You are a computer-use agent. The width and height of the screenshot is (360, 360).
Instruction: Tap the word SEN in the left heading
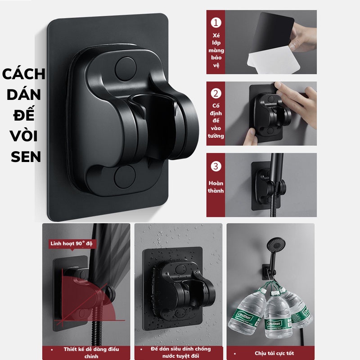pos(23,157)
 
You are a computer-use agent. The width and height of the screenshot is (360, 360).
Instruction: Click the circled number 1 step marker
pos(217,23)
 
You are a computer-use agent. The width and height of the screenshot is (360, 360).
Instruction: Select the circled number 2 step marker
pos(217,94)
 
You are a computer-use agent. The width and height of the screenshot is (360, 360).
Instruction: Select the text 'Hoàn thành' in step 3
pos(216,187)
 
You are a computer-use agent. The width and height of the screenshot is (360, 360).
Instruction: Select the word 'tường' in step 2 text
pos(216,135)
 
